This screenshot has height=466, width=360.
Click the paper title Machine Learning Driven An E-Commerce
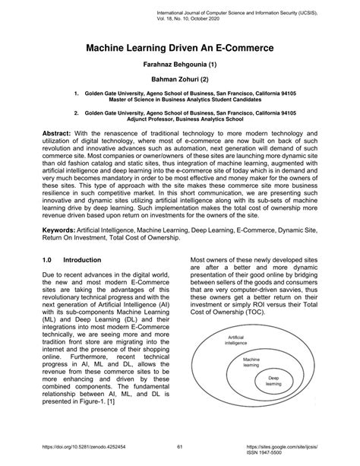pos(180,48)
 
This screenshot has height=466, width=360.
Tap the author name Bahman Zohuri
pos(180,86)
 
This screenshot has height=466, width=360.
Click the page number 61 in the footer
pos(180,446)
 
